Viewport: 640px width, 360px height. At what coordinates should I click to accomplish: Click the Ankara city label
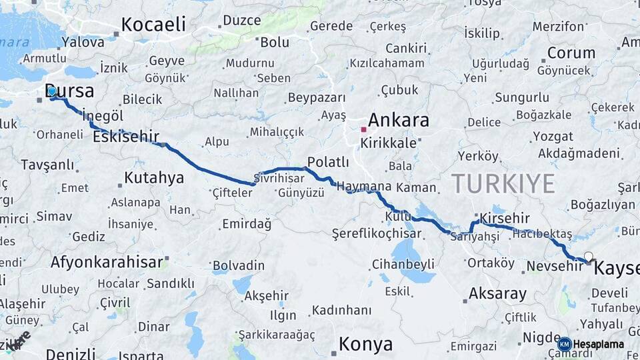399,121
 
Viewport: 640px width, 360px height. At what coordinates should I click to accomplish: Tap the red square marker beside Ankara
363,129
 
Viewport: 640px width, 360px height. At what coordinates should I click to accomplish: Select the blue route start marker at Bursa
52,91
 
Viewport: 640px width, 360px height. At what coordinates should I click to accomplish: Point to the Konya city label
365,344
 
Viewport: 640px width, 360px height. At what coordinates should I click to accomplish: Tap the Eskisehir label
126,137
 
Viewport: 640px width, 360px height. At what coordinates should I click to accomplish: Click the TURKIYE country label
503,183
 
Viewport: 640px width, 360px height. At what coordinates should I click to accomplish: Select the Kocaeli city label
153,25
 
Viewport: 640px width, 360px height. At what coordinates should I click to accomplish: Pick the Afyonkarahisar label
107,261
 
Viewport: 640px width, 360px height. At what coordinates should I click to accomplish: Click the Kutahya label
154,178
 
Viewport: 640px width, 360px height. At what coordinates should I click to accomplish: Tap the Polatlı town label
328,162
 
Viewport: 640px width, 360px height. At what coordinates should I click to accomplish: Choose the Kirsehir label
505,219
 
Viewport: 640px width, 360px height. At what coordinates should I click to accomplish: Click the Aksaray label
497,293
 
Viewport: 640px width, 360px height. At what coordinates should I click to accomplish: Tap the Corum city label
571,53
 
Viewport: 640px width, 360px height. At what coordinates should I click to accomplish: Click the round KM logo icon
564,344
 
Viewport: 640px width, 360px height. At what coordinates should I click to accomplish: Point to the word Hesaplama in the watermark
599,344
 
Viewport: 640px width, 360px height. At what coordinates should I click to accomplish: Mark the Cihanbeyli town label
403,263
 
